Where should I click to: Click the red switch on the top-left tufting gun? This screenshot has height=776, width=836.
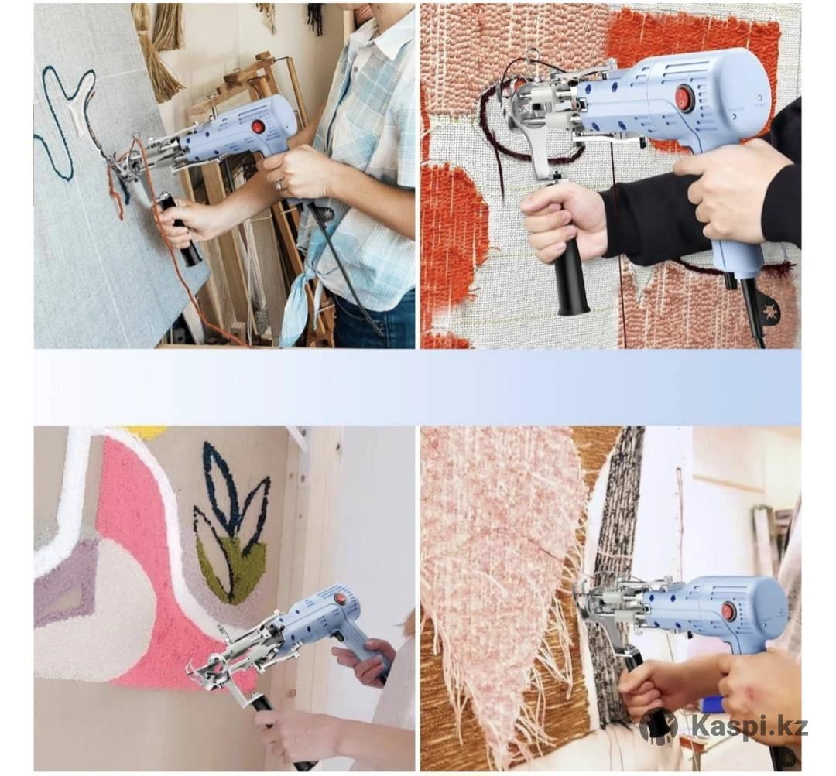point(259,127)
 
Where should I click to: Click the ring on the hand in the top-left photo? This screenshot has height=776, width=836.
point(279,185)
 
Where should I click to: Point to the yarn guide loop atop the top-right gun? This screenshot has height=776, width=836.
point(532,56)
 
